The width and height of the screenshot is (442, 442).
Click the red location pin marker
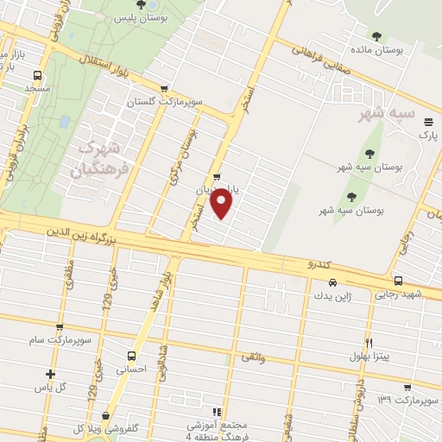[223, 205]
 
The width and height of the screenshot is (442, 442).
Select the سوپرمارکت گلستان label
[173, 102]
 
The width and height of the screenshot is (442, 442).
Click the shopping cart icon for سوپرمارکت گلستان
[164, 88]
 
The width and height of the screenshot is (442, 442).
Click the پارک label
[428, 136]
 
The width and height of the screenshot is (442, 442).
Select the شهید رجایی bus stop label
[398, 295]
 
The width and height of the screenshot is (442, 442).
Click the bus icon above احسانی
[131, 355]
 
